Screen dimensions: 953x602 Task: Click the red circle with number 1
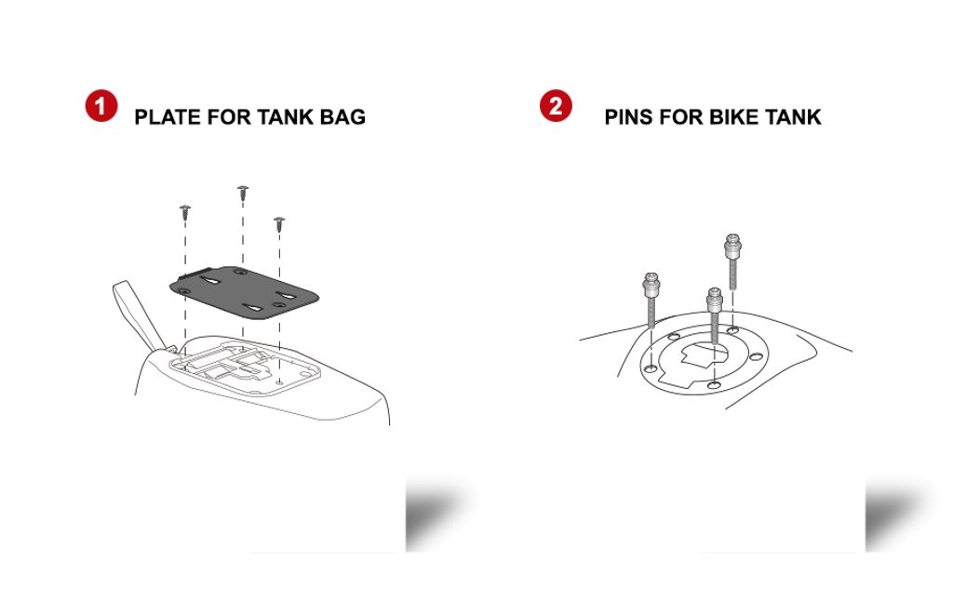[x=101, y=106]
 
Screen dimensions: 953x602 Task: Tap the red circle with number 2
[x=556, y=106]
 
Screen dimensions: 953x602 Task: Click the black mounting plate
[x=244, y=291]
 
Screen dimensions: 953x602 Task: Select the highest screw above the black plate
[x=243, y=193]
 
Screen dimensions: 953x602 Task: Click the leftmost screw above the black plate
[x=185, y=212]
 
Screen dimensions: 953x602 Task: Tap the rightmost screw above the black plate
[x=279, y=223]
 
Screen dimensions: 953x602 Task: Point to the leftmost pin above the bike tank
[x=651, y=301]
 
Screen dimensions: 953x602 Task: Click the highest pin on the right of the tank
[x=732, y=261]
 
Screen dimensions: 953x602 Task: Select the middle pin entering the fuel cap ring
[x=714, y=315]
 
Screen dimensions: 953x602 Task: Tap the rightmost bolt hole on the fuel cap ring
[x=756, y=356]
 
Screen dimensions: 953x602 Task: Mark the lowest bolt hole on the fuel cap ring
[x=715, y=385]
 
